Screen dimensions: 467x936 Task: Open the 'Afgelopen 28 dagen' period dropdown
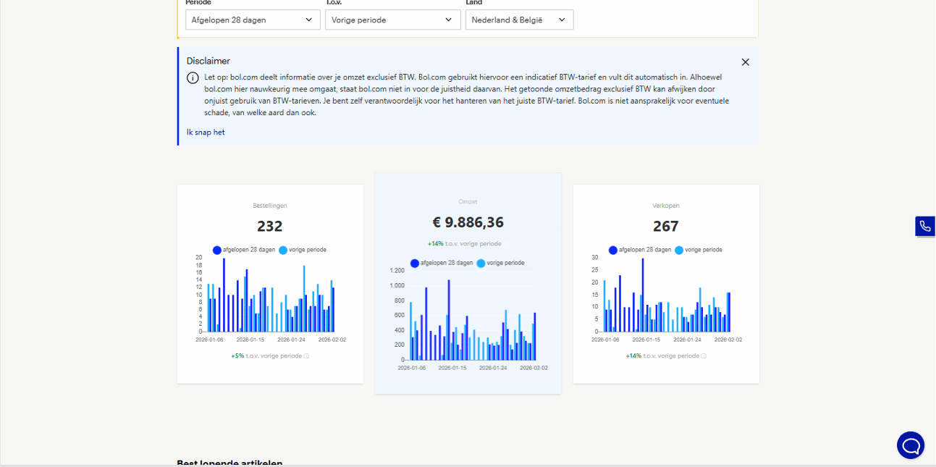[252, 20]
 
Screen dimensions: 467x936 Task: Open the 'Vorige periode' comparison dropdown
[392, 20]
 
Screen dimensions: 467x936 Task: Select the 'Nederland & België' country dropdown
[519, 20]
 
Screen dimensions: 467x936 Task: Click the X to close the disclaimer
[746, 62]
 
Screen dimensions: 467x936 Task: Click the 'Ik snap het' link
[206, 132]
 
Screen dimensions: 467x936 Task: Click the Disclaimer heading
[208, 62]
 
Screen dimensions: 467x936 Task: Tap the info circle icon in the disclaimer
[193, 78]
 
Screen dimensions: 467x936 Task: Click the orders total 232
[270, 227]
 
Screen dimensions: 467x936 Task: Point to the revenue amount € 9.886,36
[468, 222]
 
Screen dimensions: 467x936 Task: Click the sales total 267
[665, 227]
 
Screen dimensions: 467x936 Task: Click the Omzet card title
[468, 202]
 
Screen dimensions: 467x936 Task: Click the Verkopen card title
[665, 206]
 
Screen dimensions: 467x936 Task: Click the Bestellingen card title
[270, 206]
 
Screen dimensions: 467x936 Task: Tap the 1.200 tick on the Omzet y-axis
[397, 271]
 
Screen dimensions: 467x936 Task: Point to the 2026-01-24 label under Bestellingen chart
[291, 340]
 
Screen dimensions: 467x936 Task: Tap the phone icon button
[924, 227]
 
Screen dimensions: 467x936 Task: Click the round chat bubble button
[910, 445]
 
